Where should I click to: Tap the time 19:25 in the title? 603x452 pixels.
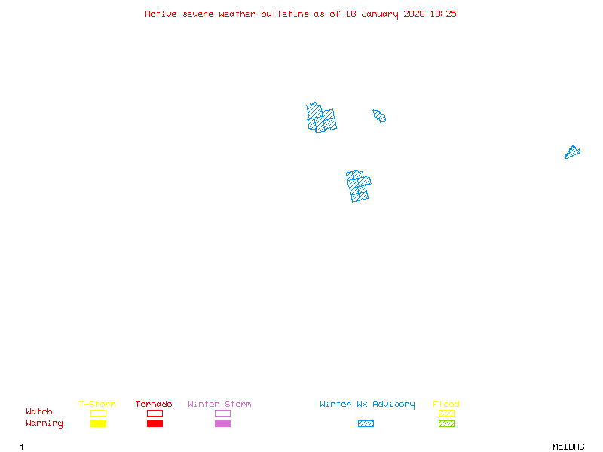point(443,14)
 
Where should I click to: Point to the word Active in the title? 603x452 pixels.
point(161,14)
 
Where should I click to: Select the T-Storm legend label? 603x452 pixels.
point(97,405)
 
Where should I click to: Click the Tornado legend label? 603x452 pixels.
point(154,405)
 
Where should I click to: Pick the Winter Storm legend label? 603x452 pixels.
point(219,405)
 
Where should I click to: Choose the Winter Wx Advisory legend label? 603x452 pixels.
point(367,405)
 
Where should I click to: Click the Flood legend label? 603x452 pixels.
point(446,405)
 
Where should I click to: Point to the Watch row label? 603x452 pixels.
point(39,412)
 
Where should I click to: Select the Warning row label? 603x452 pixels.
point(44,423)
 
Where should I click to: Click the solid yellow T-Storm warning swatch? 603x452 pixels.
point(98,424)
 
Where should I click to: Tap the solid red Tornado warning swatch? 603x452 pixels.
point(155,424)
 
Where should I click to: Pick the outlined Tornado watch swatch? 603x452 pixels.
point(155,413)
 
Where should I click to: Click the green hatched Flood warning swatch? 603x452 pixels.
point(446,424)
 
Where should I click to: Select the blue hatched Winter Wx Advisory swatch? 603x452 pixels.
point(366,424)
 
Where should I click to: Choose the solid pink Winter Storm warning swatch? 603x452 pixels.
point(222,424)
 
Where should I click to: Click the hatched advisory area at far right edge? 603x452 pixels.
point(572,152)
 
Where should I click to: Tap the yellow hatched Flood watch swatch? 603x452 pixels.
point(446,413)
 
